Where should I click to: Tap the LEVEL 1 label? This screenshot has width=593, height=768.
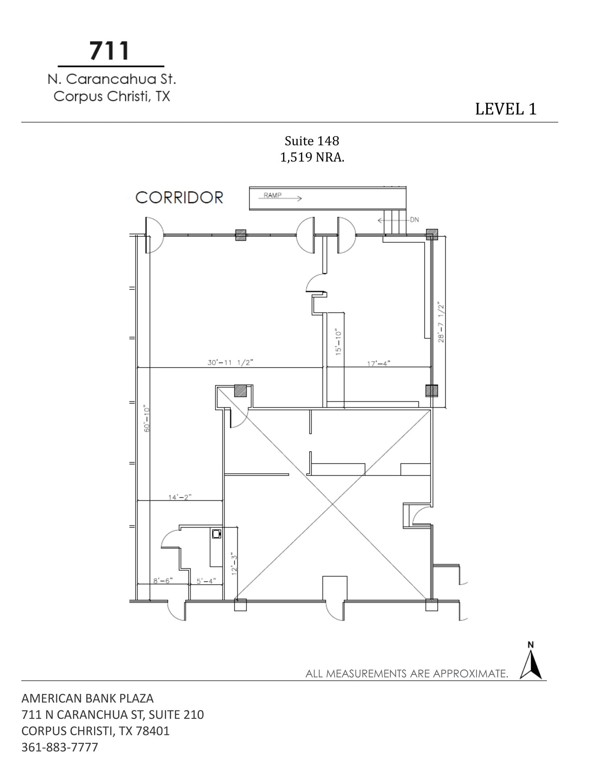(x=506, y=109)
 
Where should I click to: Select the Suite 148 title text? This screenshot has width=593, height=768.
(x=312, y=141)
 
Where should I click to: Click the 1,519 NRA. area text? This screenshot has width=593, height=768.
(x=312, y=157)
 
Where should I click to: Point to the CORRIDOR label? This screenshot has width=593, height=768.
(x=179, y=198)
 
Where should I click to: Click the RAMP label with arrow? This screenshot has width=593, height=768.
(x=281, y=196)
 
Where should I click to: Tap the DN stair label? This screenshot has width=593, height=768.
(x=414, y=220)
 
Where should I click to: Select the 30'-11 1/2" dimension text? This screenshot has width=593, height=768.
(x=230, y=363)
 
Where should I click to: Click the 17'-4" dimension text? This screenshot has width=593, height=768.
(x=378, y=363)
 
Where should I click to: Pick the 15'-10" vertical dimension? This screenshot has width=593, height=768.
(x=338, y=342)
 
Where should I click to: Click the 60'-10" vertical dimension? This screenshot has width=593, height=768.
(x=147, y=418)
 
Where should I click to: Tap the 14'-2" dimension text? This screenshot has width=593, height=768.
(x=180, y=497)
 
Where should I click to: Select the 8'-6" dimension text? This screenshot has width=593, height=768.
(x=163, y=580)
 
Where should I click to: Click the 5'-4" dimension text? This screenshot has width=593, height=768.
(x=206, y=581)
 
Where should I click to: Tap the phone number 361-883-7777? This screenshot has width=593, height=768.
(x=60, y=747)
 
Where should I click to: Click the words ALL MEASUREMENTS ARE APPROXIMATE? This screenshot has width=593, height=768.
(x=406, y=673)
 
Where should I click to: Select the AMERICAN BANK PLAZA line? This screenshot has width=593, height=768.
(x=87, y=698)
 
